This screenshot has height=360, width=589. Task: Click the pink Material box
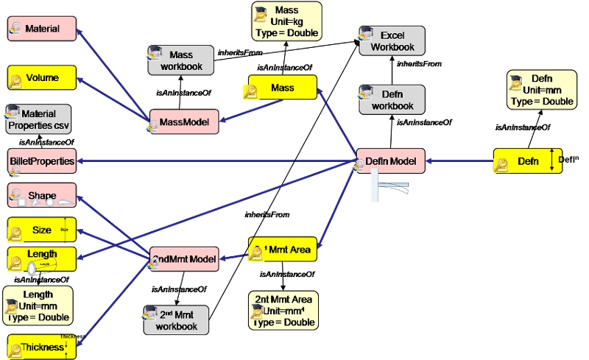[43, 29]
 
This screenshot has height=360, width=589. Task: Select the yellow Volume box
[43, 77]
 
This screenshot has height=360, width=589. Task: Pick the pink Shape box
[42, 196]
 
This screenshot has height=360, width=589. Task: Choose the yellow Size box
[42, 230]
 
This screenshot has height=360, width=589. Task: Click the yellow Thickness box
[42, 347]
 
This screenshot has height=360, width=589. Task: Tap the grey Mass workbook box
[180, 60]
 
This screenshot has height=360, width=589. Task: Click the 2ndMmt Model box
[184, 259]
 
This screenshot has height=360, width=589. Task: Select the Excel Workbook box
[392, 41]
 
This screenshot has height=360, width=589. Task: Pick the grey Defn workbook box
[392, 100]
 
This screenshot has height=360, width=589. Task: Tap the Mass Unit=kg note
[286, 21]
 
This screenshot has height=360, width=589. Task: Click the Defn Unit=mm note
[541, 90]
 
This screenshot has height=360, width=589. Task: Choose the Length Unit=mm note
[38, 306]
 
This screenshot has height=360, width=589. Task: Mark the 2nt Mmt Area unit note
[283, 310]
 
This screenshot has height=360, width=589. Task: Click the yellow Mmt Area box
[283, 250]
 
